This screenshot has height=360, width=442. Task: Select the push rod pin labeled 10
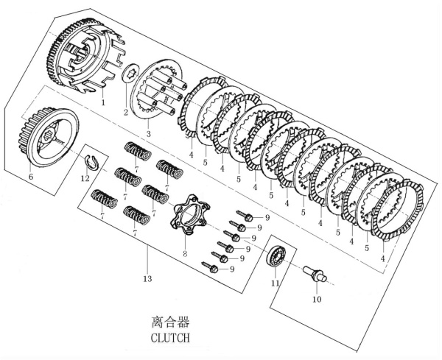[314, 276]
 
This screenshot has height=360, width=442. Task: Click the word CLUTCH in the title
[170, 339]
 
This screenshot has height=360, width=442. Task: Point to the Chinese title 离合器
[170, 322]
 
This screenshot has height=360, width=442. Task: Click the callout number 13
[147, 279]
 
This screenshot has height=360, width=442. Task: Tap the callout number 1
[103, 102]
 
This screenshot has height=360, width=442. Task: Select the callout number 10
[316, 300]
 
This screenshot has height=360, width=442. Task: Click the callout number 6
[31, 177]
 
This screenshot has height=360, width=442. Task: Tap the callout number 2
[126, 113]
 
